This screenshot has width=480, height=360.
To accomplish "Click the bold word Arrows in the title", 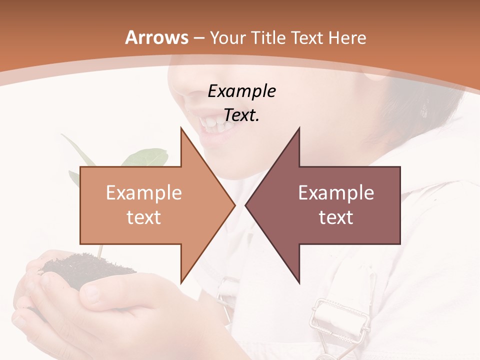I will (x=156, y=37).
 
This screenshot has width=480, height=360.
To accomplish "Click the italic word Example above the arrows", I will (x=241, y=91).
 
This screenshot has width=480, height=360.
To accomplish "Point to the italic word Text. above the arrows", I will (x=241, y=115).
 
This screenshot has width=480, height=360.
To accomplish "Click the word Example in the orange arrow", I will (x=143, y=193).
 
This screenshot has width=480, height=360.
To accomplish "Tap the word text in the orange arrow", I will (x=143, y=217).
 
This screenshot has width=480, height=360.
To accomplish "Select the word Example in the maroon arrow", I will (x=336, y=193).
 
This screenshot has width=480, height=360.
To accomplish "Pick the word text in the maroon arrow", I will (x=336, y=217).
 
